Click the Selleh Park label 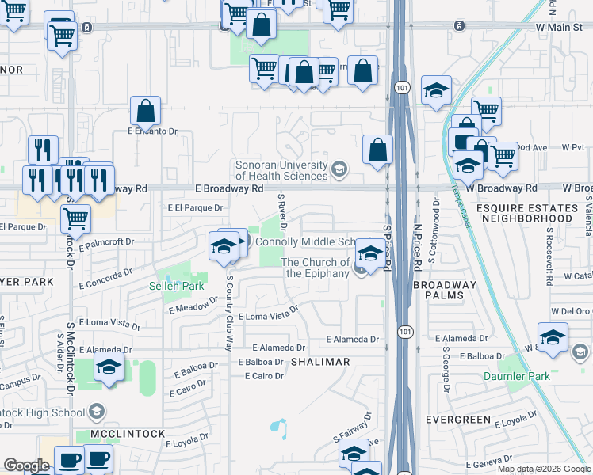tap(176, 286)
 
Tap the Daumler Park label tap(517, 376)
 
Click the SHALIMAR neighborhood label tap(319, 362)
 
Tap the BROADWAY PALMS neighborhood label tap(446, 291)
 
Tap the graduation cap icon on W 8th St tap(553, 336)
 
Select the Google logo tap(26, 465)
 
